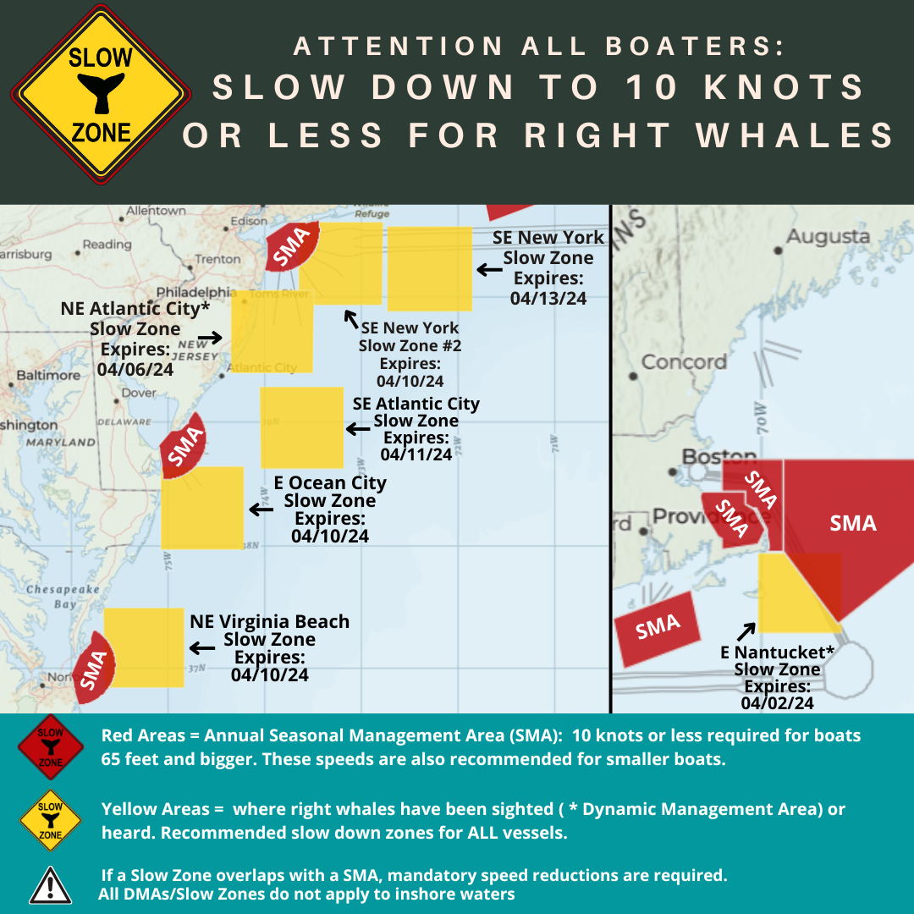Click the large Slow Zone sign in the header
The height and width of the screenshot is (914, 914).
[x=100, y=95]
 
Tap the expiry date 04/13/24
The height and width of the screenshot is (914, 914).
[x=548, y=298]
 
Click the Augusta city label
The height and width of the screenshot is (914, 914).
[x=828, y=237]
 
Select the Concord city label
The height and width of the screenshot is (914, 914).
[x=684, y=362]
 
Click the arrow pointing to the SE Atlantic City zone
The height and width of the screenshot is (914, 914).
[x=358, y=430]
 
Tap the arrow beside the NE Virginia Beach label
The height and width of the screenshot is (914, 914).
[x=201, y=648]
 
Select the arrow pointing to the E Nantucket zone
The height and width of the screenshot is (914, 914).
[x=746, y=631]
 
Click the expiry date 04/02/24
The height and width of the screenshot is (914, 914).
[x=777, y=702]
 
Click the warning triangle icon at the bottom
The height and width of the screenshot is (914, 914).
[x=50, y=885]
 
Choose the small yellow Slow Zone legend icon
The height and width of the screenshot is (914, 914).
[x=51, y=820]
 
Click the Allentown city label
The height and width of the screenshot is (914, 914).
[x=156, y=211]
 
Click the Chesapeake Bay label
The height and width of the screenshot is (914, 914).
[x=63, y=597]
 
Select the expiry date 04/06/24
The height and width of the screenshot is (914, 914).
[x=135, y=369]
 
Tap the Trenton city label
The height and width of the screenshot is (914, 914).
[x=217, y=259]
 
